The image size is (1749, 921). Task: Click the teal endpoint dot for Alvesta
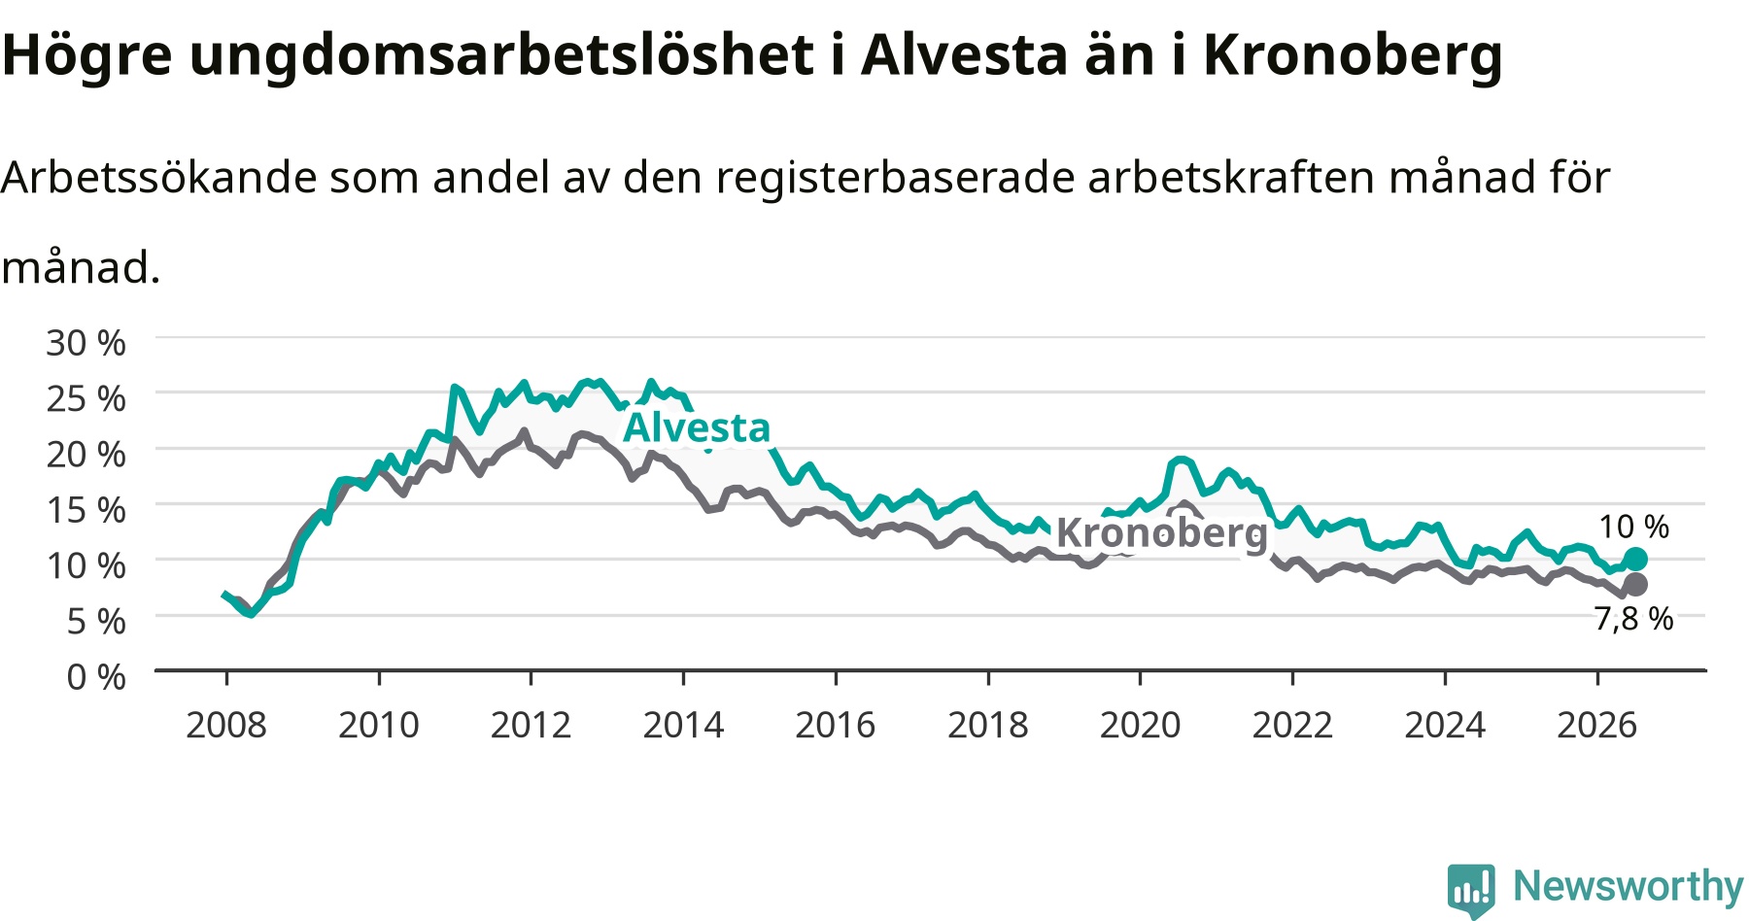pyautogui.click(x=1635, y=559)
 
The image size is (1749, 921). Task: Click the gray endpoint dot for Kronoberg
pyautogui.click(x=1635, y=584)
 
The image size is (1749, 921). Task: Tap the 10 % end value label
pyautogui.click(x=1633, y=527)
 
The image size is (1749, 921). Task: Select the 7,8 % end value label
pyautogui.click(x=1633, y=618)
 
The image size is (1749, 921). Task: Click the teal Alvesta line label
pyautogui.click(x=697, y=427)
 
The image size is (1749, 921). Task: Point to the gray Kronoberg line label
pyautogui.click(x=1162, y=532)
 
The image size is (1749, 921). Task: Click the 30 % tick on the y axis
pyautogui.click(x=86, y=343)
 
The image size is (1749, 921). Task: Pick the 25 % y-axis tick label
pyautogui.click(x=86, y=398)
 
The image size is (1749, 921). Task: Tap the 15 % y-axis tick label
pyautogui.click(x=86, y=509)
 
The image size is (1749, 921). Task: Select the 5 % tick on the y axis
pyautogui.click(x=96, y=620)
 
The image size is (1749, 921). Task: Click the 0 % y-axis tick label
pyautogui.click(x=96, y=676)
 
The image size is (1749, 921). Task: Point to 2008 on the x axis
pyautogui.click(x=226, y=725)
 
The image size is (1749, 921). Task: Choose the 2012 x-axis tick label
pyautogui.click(x=531, y=725)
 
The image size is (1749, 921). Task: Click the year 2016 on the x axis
pyautogui.click(x=836, y=725)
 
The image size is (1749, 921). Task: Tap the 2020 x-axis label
pyautogui.click(x=1140, y=725)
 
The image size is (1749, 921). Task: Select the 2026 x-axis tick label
pyautogui.click(x=1597, y=725)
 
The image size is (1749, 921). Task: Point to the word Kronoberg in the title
pyautogui.click(x=1354, y=56)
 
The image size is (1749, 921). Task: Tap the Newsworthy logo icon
pyautogui.click(x=1471, y=889)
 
